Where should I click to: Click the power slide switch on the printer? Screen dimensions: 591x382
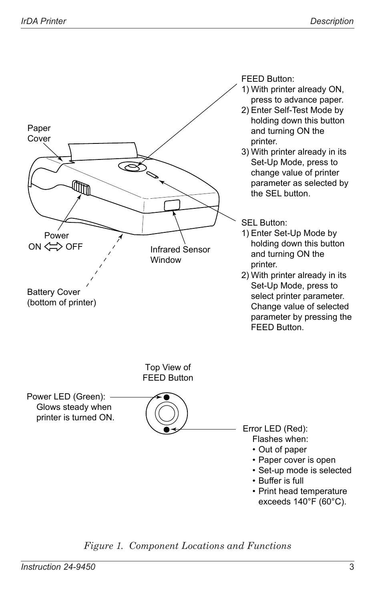(x=81, y=188)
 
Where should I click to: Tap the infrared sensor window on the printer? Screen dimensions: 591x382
(x=172, y=205)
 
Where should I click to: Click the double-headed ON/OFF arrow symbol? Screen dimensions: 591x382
(x=53, y=247)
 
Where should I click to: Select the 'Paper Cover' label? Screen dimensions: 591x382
(x=39, y=133)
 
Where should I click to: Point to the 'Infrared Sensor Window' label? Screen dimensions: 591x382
(x=180, y=254)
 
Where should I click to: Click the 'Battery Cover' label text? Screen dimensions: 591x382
(x=54, y=292)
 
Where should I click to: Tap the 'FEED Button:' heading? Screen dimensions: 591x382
(x=267, y=79)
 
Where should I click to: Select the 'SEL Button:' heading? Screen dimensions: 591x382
(x=264, y=223)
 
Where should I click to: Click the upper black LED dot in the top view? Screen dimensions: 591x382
(x=167, y=397)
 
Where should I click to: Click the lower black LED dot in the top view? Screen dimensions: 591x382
(x=167, y=430)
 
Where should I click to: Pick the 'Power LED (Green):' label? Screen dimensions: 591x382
(x=66, y=397)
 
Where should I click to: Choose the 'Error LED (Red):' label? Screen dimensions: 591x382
(x=275, y=429)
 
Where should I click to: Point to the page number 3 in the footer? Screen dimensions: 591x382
(x=351, y=567)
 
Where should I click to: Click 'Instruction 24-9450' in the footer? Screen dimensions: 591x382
(x=58, y=567)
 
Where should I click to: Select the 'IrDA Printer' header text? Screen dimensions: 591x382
(x=43, y=21)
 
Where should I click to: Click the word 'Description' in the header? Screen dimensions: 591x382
(x=332, y=21)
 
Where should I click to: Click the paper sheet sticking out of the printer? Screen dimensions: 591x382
(x=103, y=151)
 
